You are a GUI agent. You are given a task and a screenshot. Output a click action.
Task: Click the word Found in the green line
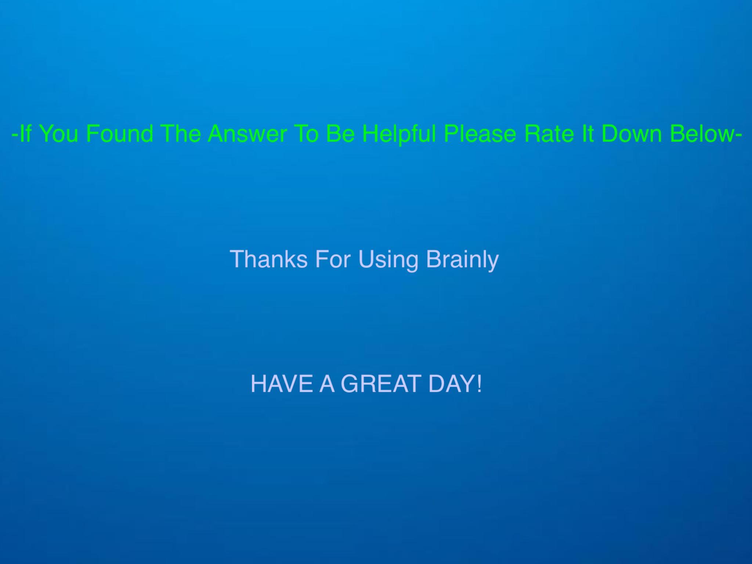(120, 133)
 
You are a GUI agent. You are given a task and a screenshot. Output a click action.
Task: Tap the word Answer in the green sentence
(247, 133)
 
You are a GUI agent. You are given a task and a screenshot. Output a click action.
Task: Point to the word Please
(480, 133)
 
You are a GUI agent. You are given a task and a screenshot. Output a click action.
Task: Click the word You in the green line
(59, 133)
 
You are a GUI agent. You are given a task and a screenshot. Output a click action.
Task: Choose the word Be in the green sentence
(340, 133)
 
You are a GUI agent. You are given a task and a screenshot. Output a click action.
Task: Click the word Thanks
(268, 259)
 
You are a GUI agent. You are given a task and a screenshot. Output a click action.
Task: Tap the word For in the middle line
(333, 259)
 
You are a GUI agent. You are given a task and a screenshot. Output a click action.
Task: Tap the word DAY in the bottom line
(451, 384)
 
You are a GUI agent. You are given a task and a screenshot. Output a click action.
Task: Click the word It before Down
(587, 133)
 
